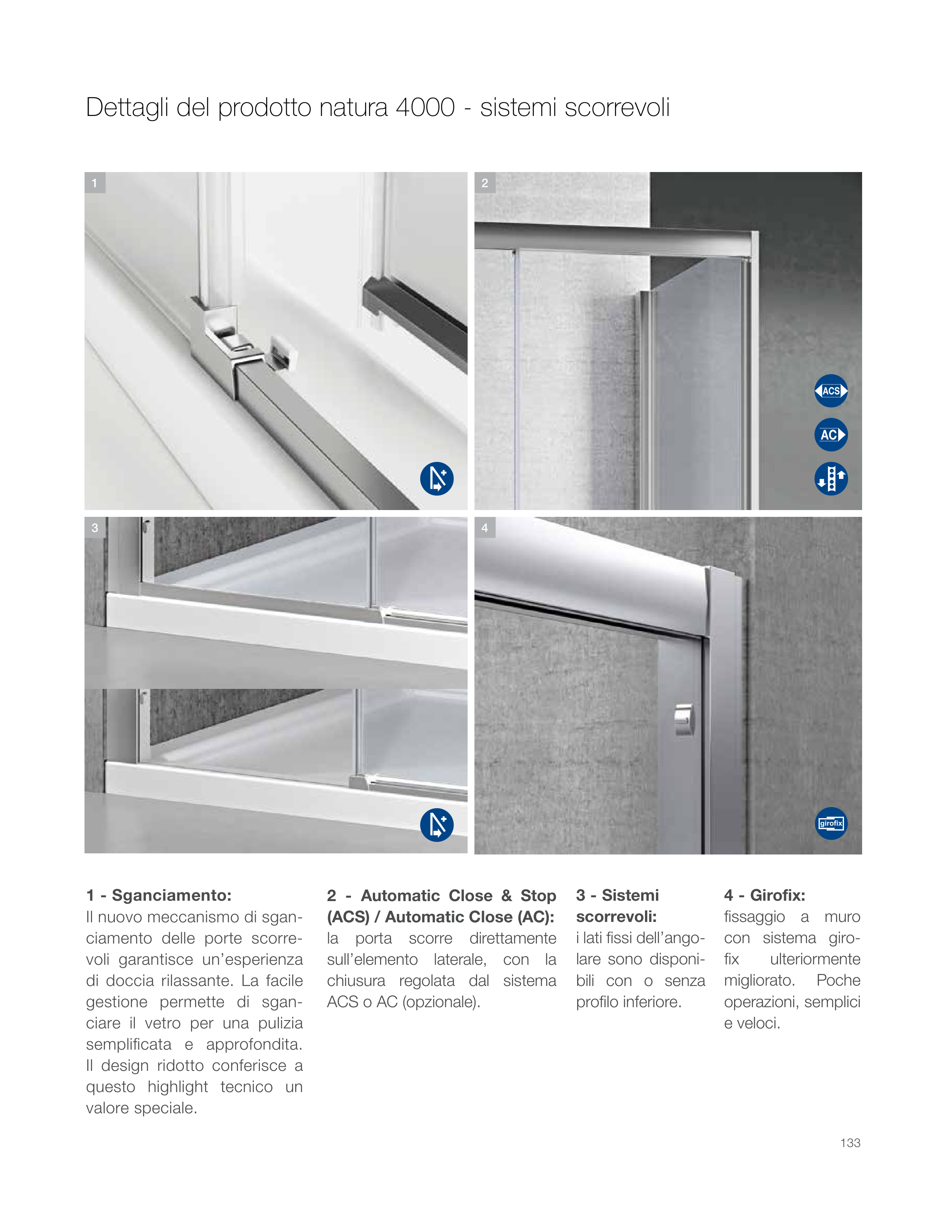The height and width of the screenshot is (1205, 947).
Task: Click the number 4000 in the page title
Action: (x=425, y=108)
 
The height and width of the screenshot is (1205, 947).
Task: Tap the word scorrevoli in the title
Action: (x=617, y=108)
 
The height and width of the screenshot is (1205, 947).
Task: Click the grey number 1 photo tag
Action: (x=95, y=183)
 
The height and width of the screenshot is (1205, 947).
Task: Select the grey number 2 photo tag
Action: (x=485, y=183)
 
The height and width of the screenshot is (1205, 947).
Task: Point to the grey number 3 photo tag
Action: (x=95, y=528)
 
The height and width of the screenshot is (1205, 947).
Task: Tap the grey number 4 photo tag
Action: (x=485, y=528)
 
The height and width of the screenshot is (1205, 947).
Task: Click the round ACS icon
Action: (x=831, y=391)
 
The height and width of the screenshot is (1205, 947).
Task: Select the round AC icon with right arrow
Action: (x=831, y=435)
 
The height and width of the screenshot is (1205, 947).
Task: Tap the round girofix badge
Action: (x=831, y=823)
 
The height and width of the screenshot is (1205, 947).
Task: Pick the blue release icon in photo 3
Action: (x=437, y=825)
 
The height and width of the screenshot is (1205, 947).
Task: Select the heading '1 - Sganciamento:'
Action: (x=158, y=895)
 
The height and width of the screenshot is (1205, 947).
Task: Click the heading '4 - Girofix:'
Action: (x=764, y=895)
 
